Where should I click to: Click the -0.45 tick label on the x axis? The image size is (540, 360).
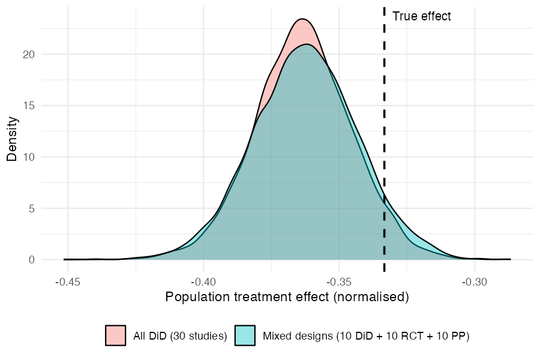pyautogui.click(x=68, y=282)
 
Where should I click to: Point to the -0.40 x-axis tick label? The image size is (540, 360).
pyautogui.click(x=203, y=282)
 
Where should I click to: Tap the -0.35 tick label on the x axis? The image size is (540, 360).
pyautogui.click(x=339, y=282)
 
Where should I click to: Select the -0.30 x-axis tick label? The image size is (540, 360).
pyautogui.click(x=475, y=282)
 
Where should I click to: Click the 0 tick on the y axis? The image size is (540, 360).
pyautogui.click(x=32, y=260)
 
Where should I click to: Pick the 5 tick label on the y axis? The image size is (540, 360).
pyautogui.click(x=32, y=208)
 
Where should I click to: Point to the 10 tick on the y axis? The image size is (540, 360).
pyautogui.click(x=29, y=157)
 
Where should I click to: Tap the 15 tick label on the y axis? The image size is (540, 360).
pyautogui.click(x=29, y=106)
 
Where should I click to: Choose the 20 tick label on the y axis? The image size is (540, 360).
pyautogui.click(x=29, y=55)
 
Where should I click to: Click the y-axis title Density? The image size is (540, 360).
pyautogui.click(x=12, y=139)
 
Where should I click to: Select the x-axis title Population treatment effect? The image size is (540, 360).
pyautogui.click(x=247, y=296)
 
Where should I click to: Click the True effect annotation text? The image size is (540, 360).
pyautogui.click(x=422, y=16)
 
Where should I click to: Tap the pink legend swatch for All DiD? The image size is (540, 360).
pyautogui.click(x=115, y=335)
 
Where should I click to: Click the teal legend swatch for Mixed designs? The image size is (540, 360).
pyautogui.click(x=245, y=335)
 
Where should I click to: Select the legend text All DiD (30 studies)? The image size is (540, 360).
pyautogui.click(x=180, y=336)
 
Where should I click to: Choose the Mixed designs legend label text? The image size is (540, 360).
pyautogui.click(x=366, y=336)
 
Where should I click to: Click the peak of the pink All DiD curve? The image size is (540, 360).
pyautogui.click(x=302, y=19)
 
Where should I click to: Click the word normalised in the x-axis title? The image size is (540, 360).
pyautogui.click(x=371, y=296)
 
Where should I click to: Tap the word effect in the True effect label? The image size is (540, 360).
pyautogui.click(x=435, y=16)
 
